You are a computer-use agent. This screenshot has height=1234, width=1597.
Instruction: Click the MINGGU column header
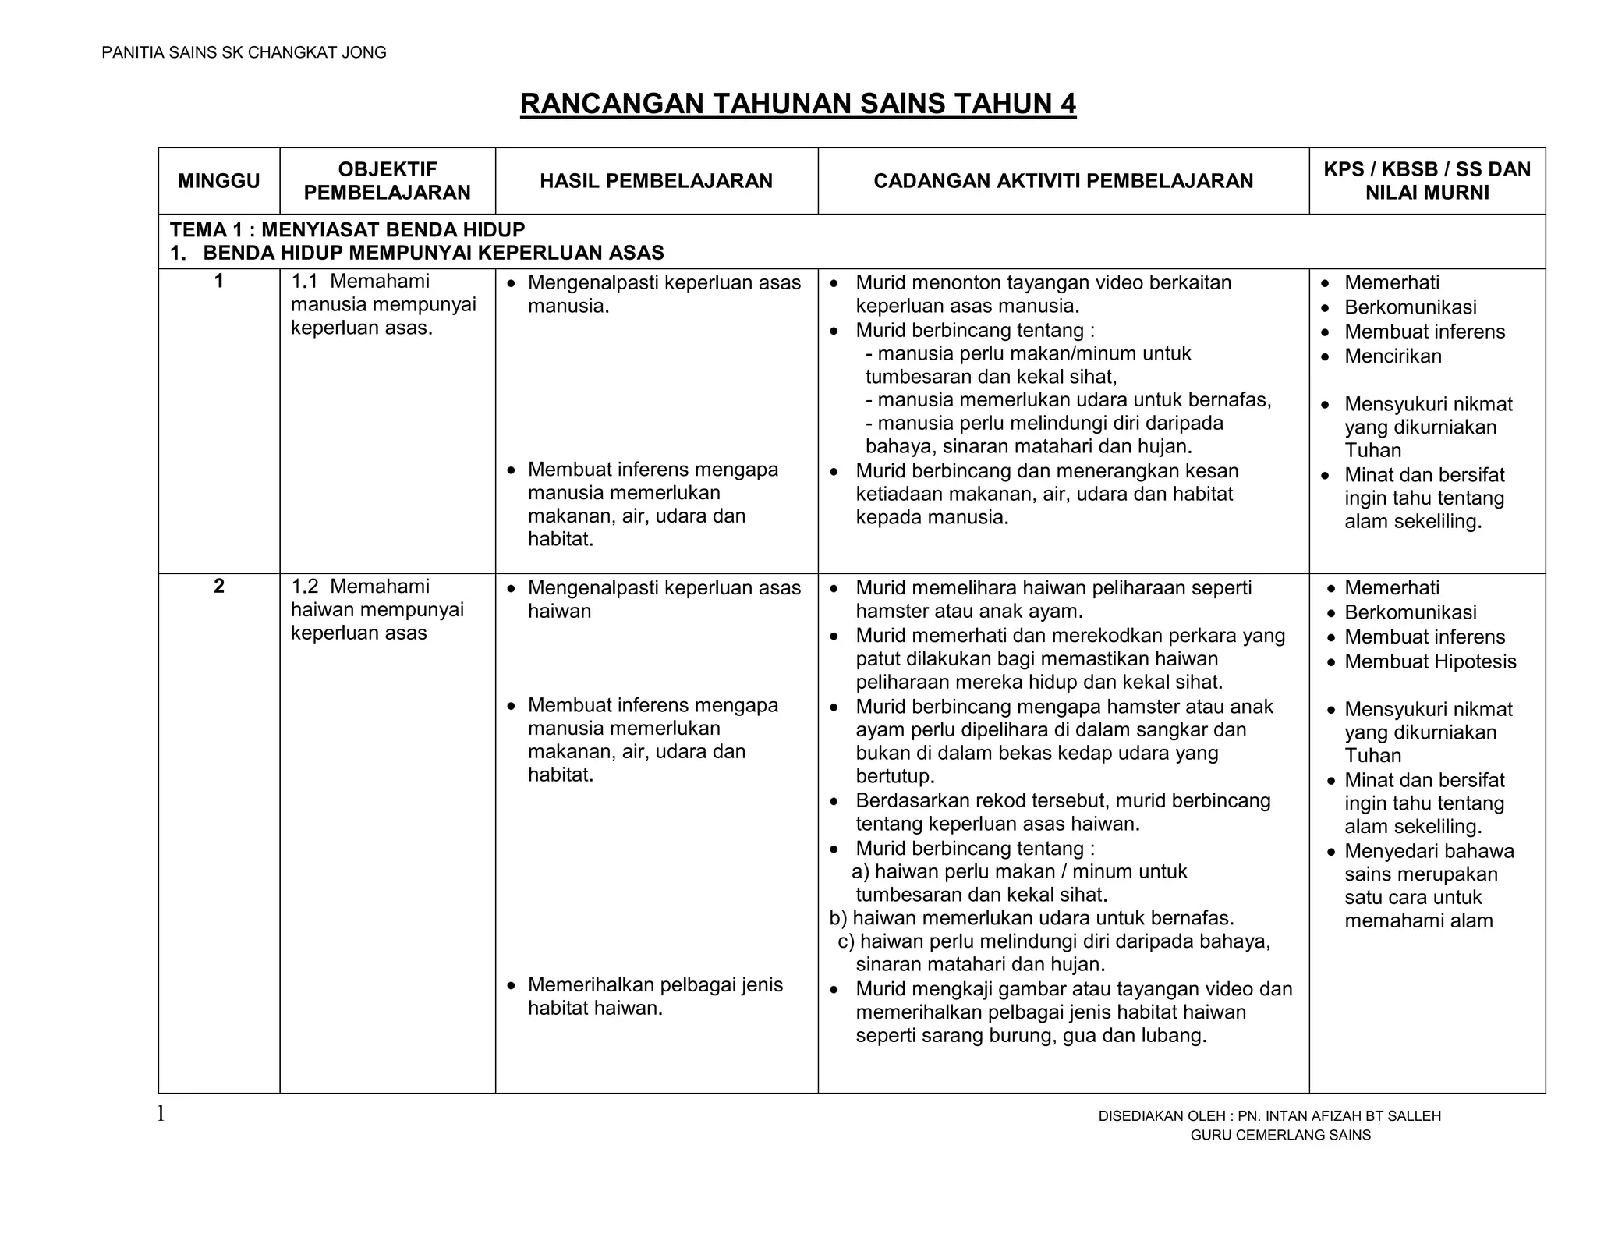[218, 181]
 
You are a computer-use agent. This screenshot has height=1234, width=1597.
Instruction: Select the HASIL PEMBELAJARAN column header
[656, 181]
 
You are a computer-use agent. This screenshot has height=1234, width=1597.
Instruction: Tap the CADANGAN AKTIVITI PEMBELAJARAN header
[1063, 181]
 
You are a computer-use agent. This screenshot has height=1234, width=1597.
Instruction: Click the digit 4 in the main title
[1068, 104]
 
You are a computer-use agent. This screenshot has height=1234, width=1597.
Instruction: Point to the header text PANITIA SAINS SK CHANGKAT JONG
[244, 52]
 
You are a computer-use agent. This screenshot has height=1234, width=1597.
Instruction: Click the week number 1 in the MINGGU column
[218, 282]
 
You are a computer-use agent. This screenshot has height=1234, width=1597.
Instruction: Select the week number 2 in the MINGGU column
[218, 587]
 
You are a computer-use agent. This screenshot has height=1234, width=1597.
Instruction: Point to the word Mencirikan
[1393, 356]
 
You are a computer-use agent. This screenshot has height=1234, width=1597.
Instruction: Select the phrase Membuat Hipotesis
[1430, 661]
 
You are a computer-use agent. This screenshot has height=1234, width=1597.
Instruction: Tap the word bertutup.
[894, 777]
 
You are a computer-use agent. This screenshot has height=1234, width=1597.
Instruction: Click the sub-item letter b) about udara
[837, 918]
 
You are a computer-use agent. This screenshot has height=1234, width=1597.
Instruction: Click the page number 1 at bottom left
[161, 1114]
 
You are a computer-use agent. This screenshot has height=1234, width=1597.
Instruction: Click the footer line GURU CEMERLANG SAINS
[1280, 1136]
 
